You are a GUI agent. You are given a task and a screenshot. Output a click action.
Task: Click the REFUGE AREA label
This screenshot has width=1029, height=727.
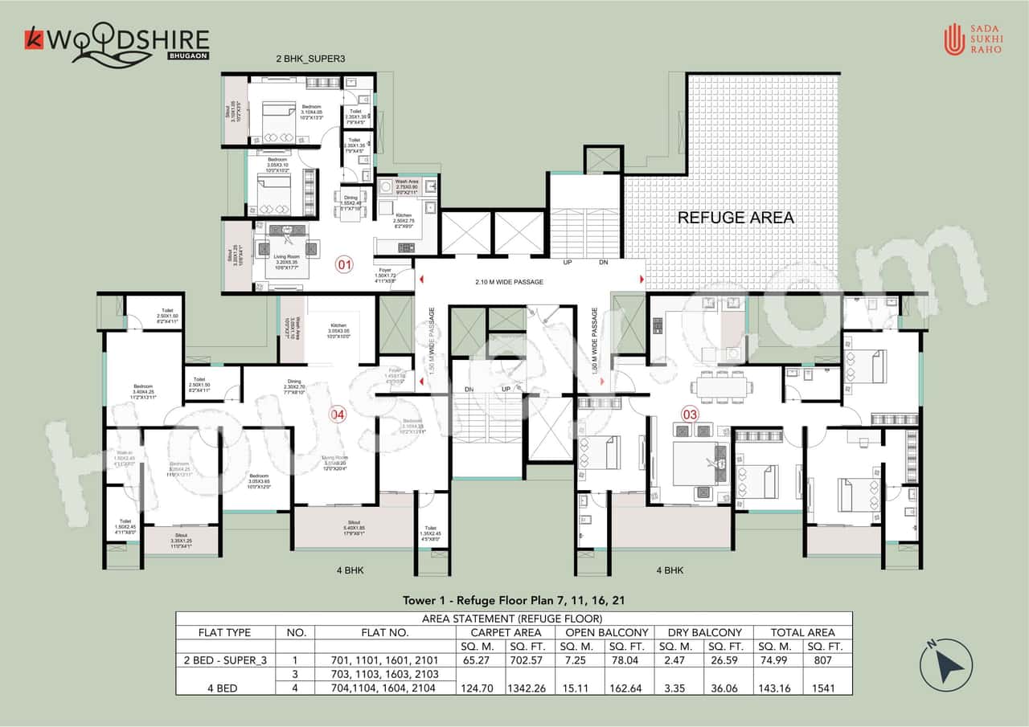pos(736,217)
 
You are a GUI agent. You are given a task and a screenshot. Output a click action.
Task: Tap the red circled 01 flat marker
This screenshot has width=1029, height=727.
pos(344,263)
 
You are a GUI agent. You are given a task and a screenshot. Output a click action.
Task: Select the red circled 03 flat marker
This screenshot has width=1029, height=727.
pos(689,415)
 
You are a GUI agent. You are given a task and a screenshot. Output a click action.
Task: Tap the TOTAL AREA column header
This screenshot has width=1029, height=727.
pos(802,632)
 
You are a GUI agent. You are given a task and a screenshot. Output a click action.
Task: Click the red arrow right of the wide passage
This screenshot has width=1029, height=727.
pos(642,280)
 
